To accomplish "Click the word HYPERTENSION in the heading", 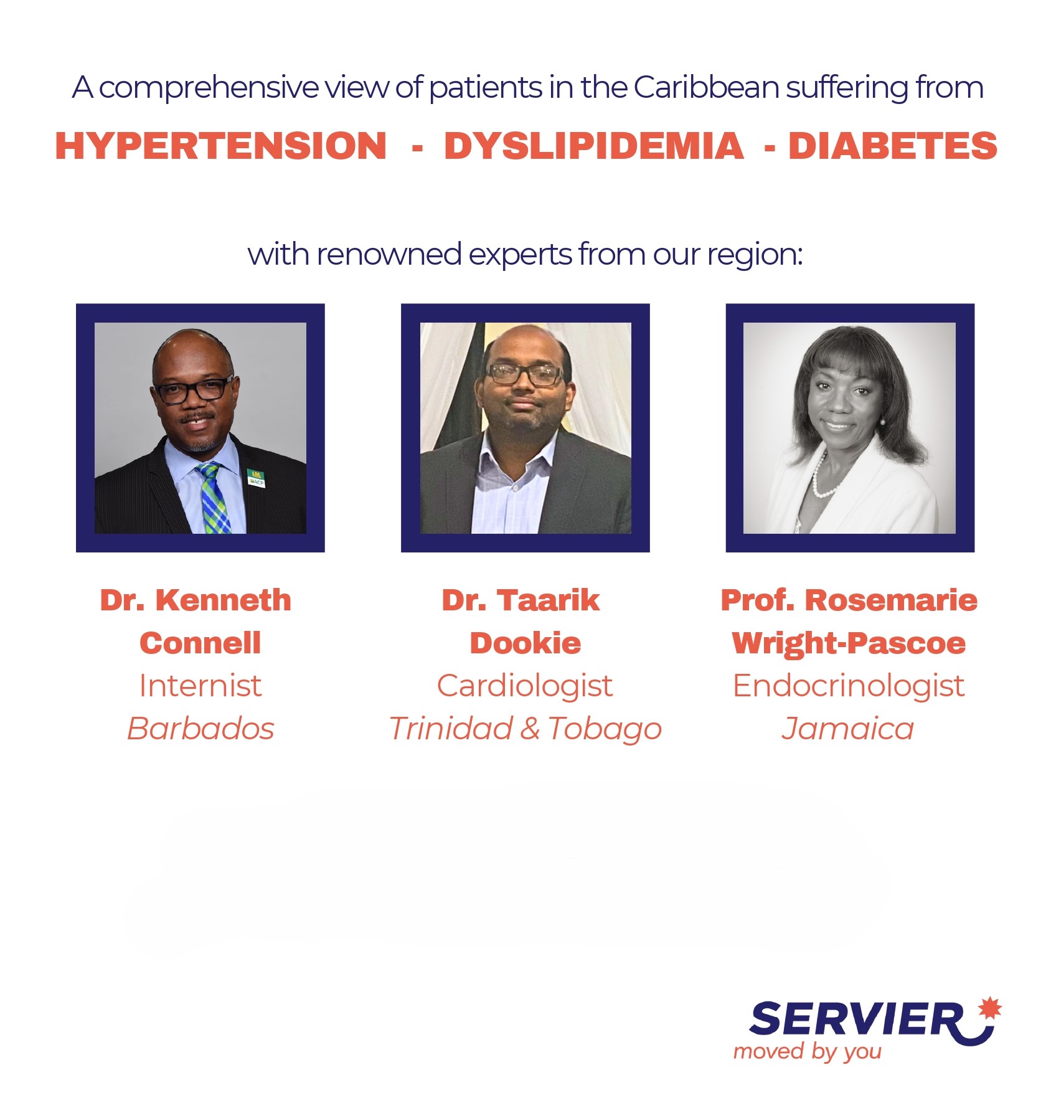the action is click(x=221, y=146).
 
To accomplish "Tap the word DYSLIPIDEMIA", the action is click(x=593, y=146).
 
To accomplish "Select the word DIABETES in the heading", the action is click(x=893, y=146).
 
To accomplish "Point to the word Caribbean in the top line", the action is click(x=706, y=87).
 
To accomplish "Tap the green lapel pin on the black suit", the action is click(x=256, y=478).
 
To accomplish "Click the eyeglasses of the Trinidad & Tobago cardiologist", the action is click(x=524, y=374).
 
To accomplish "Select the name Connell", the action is click(x=200, y=643).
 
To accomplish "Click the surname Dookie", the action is click(x=525, y=643).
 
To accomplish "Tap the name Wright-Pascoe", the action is click(x=849, y=643).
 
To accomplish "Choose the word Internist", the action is click(x=200, y=686).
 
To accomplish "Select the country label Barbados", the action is click(x=200, y=729).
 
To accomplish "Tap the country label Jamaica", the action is click(x=848, y=729).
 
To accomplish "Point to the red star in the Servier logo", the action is click(x=989, y=1008).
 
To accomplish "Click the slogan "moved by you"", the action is click(x=808, y=1051).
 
